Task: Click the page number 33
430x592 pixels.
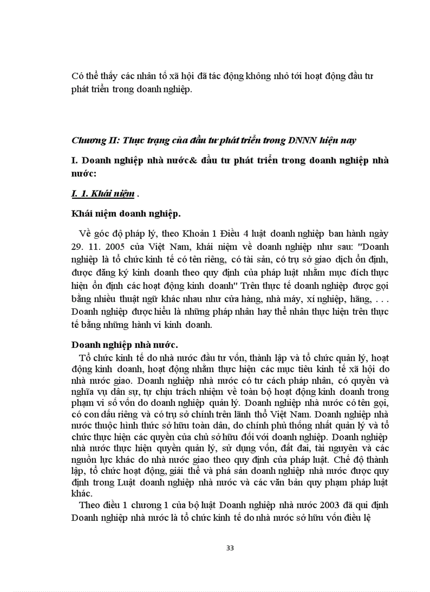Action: click(230, 547)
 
